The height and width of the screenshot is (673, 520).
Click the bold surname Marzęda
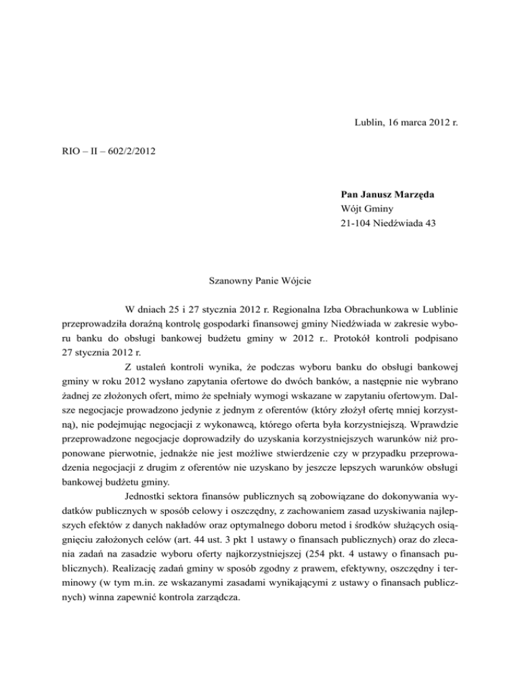(412, 196)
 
